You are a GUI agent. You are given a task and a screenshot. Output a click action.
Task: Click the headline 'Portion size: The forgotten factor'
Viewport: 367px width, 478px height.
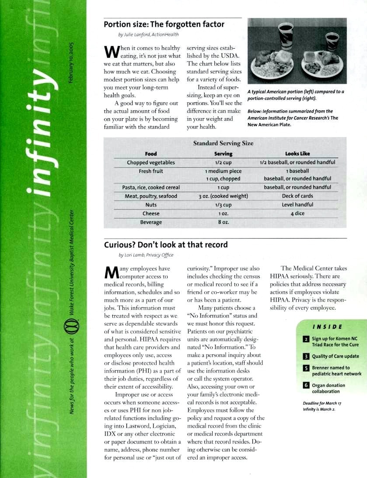point(164,25)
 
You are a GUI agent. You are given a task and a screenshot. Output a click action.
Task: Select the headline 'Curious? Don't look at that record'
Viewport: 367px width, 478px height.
point(166,245)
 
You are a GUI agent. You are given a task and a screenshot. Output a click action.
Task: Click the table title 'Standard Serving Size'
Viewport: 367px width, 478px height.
point(223,143)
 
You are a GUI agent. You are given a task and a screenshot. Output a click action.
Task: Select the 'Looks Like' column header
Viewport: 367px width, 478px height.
point(297,154)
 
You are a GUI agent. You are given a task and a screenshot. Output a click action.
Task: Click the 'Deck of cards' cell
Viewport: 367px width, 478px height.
point(297,196)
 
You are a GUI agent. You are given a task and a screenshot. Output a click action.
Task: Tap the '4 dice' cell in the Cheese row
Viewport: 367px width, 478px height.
point(297,214)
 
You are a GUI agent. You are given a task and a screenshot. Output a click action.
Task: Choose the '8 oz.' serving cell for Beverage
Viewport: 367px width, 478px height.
point(223,222)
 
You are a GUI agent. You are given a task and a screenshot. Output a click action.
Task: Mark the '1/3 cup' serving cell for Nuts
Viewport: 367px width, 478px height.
point(223,205)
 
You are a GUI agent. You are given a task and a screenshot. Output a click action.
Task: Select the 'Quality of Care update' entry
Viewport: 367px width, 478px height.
point(336,356)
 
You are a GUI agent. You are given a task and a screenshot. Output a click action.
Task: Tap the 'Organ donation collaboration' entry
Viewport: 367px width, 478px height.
point(329,388)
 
